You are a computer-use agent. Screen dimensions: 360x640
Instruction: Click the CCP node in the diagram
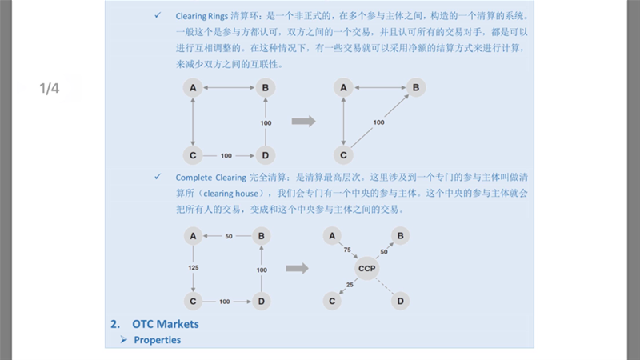[367, 268]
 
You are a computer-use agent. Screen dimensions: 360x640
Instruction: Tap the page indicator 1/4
[50, 89]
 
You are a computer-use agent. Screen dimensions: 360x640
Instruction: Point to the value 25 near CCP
[350, 285]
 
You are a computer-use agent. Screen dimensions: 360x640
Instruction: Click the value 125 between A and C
[193, 267]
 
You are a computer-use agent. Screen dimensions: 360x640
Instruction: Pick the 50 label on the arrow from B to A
[228, 237]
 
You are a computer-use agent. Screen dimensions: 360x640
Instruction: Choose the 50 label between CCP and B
[383, 252]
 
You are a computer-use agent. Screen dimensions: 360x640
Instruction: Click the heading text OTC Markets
[166, 324]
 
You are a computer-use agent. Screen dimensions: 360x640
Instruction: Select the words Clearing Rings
[201, 16]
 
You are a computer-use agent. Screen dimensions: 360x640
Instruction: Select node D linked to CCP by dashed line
[402, 302]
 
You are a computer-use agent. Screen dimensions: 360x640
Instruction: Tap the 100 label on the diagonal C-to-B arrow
[378, 122]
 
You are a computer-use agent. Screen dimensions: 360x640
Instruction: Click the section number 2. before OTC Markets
[115, 324]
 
